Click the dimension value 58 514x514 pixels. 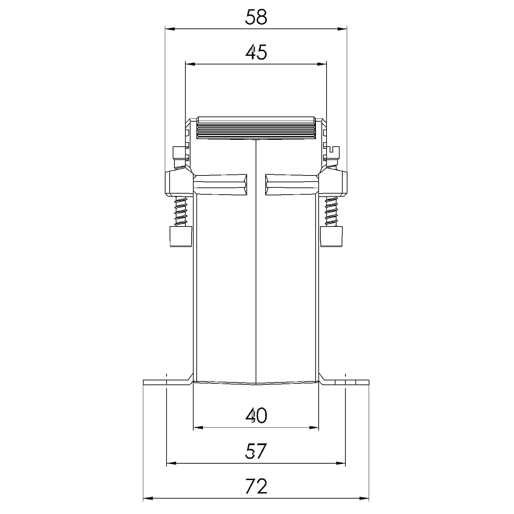pyautogui.click(x=256, y=17)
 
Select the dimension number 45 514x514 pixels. pyautogui.click(x=256, y=52)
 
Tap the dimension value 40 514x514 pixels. pyautogui.click(x=256, y=416)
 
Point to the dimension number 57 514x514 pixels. pyautogui.click(x=256, y=451)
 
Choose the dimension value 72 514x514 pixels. pyautogui.click(x=256, y=486)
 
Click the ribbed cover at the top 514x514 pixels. pyautogui.click(x=256, y=128)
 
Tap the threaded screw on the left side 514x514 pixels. pyautogui.click(x=181, y=211)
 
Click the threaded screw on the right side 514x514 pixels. pyautogui.click(x=331, y=211)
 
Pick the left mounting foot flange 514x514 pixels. pyautogui.click(x=166, y=382)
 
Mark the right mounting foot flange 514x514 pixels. pyautogui.click(x=345, y=382)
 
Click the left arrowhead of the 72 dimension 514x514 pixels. pyautogui.click(x=148, y=498)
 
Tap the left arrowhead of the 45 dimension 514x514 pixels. pyautogui.click(x=190, y=64)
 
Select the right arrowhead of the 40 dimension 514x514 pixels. pyautogui.click(x=314, y=428)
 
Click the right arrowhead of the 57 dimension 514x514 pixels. pyautogui.click(x=341, y=463)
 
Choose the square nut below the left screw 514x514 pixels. pyautogui.click(x=181, y=236)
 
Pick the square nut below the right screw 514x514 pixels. pyautogui.click(x=331, y=236)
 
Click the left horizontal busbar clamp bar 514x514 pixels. pyautogui.click(x=220, y=185)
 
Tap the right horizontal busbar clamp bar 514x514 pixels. pyautogui.click(x=292, y=185)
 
